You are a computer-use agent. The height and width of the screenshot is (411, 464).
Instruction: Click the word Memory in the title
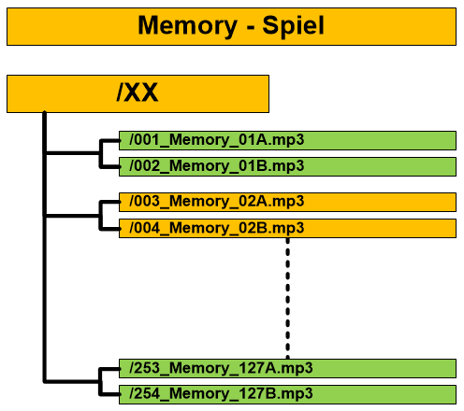point(187,26)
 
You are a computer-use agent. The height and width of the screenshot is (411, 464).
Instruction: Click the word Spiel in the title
point(293,26)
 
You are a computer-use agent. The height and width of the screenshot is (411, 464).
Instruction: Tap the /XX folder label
point(138,92)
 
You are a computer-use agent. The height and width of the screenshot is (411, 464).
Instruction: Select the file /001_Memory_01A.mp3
point(217,140)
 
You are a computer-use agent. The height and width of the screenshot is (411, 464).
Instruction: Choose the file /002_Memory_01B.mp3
point(217,166)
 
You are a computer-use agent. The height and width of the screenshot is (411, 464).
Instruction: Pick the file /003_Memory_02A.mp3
point(217,202)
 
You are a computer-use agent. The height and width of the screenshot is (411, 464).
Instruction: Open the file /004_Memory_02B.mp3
point(217,228)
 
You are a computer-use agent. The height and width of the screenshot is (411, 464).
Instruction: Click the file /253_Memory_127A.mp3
point(221,368)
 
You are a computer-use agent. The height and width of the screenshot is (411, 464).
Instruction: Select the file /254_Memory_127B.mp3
point(221,394)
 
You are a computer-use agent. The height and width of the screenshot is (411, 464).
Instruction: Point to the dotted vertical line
point(287,298)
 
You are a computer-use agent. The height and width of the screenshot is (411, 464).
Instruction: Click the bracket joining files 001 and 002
point(100,153)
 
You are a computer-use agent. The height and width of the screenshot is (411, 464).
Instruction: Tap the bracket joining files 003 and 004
point(100,216)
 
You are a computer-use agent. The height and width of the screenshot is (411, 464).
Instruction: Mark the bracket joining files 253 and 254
point(100,381)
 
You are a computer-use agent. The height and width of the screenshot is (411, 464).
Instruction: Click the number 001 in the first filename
point(147,139)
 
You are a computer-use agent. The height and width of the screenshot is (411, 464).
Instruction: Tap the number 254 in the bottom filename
point(147,393)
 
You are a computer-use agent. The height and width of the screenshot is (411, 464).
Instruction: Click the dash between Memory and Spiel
point(250,29)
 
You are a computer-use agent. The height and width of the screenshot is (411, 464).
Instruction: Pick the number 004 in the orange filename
point(147,228)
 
